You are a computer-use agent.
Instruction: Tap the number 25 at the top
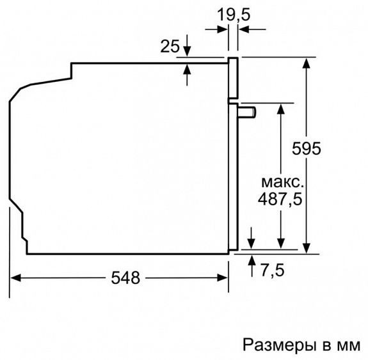tap(169, 46)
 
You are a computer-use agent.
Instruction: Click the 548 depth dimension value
tap(125, 278)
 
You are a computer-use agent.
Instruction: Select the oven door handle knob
tap(248, 113)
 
